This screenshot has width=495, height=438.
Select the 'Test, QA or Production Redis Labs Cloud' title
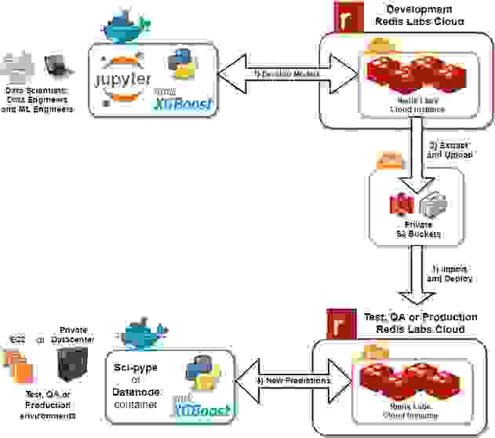(421, 322)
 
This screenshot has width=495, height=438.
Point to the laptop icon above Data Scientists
(56, 67)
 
